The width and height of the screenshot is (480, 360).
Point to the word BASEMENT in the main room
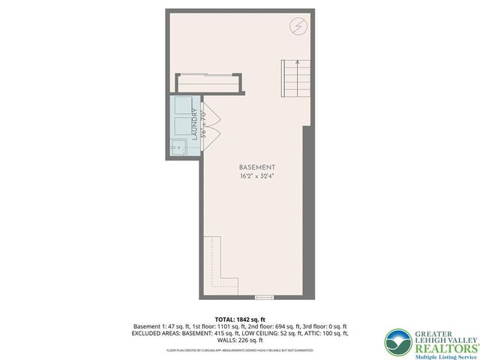[x=256, y=166]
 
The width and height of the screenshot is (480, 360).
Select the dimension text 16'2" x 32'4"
[x=256, y=177]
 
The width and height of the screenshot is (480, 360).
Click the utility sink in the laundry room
[x=178, y=145]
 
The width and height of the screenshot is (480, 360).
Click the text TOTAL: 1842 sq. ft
[x=240, y=318]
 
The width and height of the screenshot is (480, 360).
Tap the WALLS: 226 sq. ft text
[x=241, y=341]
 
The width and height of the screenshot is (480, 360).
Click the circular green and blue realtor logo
[x=397, y=342]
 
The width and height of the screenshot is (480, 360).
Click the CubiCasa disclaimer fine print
[x=240, y=350]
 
